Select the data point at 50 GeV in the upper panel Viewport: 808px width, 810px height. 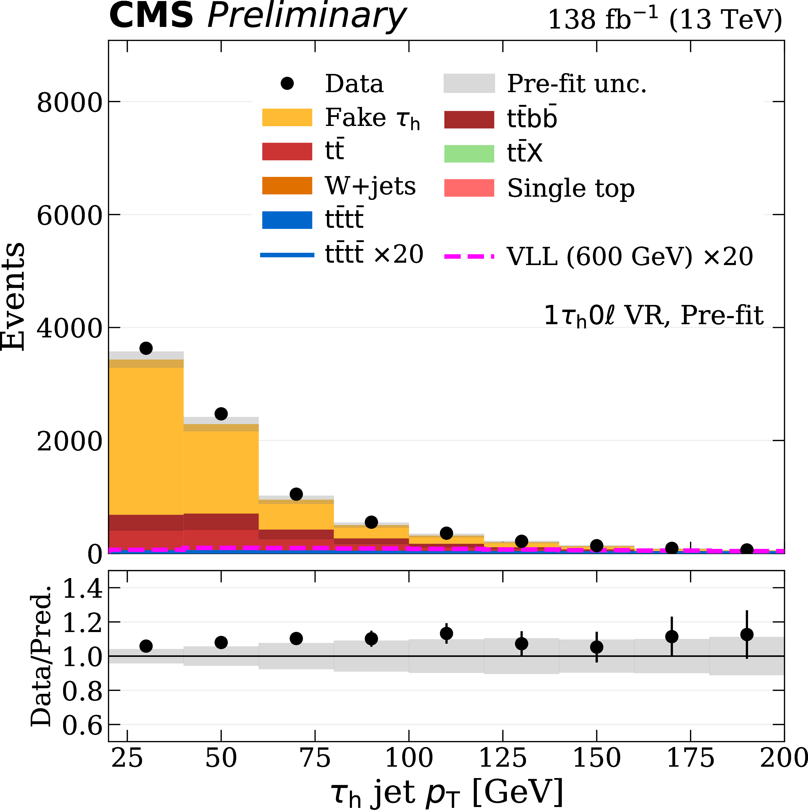221,414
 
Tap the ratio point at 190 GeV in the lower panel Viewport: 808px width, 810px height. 747,634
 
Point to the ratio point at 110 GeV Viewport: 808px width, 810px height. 447,633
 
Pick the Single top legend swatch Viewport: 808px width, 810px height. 469,188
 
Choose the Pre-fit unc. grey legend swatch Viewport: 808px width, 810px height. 469,83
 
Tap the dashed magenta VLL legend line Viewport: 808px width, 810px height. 469,256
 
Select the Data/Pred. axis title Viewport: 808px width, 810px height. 41,656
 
